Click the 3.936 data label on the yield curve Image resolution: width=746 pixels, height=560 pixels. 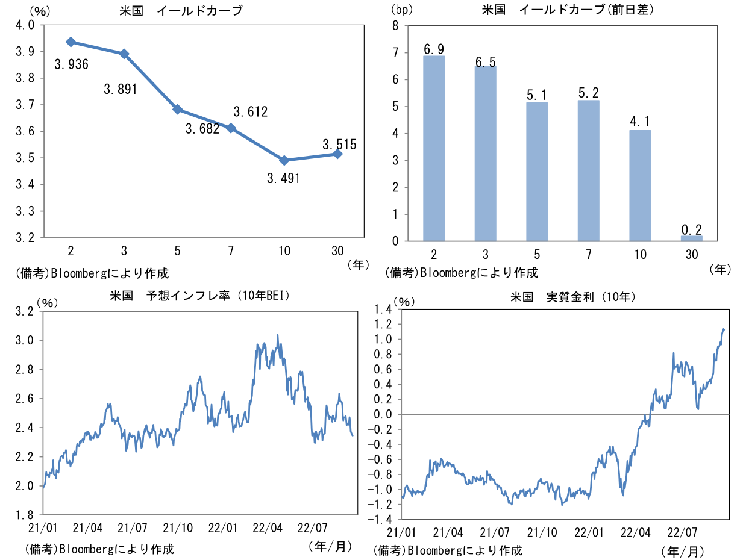[71, 64]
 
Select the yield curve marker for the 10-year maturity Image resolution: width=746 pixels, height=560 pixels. [284, 160]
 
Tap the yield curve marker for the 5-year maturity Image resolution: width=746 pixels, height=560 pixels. [178, 110]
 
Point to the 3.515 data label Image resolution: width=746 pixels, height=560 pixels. [339, 145]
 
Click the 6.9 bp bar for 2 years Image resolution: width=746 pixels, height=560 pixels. [434, 148]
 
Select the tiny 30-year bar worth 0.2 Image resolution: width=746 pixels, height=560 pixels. [691, 238]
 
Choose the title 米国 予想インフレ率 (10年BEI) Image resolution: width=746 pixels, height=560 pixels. [200, 297]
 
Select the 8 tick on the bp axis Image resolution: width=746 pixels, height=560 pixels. [395, 26]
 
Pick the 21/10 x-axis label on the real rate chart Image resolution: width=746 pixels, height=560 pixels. [542, 532]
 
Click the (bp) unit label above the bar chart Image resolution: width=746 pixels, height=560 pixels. [400, 10]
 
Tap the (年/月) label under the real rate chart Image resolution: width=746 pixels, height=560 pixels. [682, 550]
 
